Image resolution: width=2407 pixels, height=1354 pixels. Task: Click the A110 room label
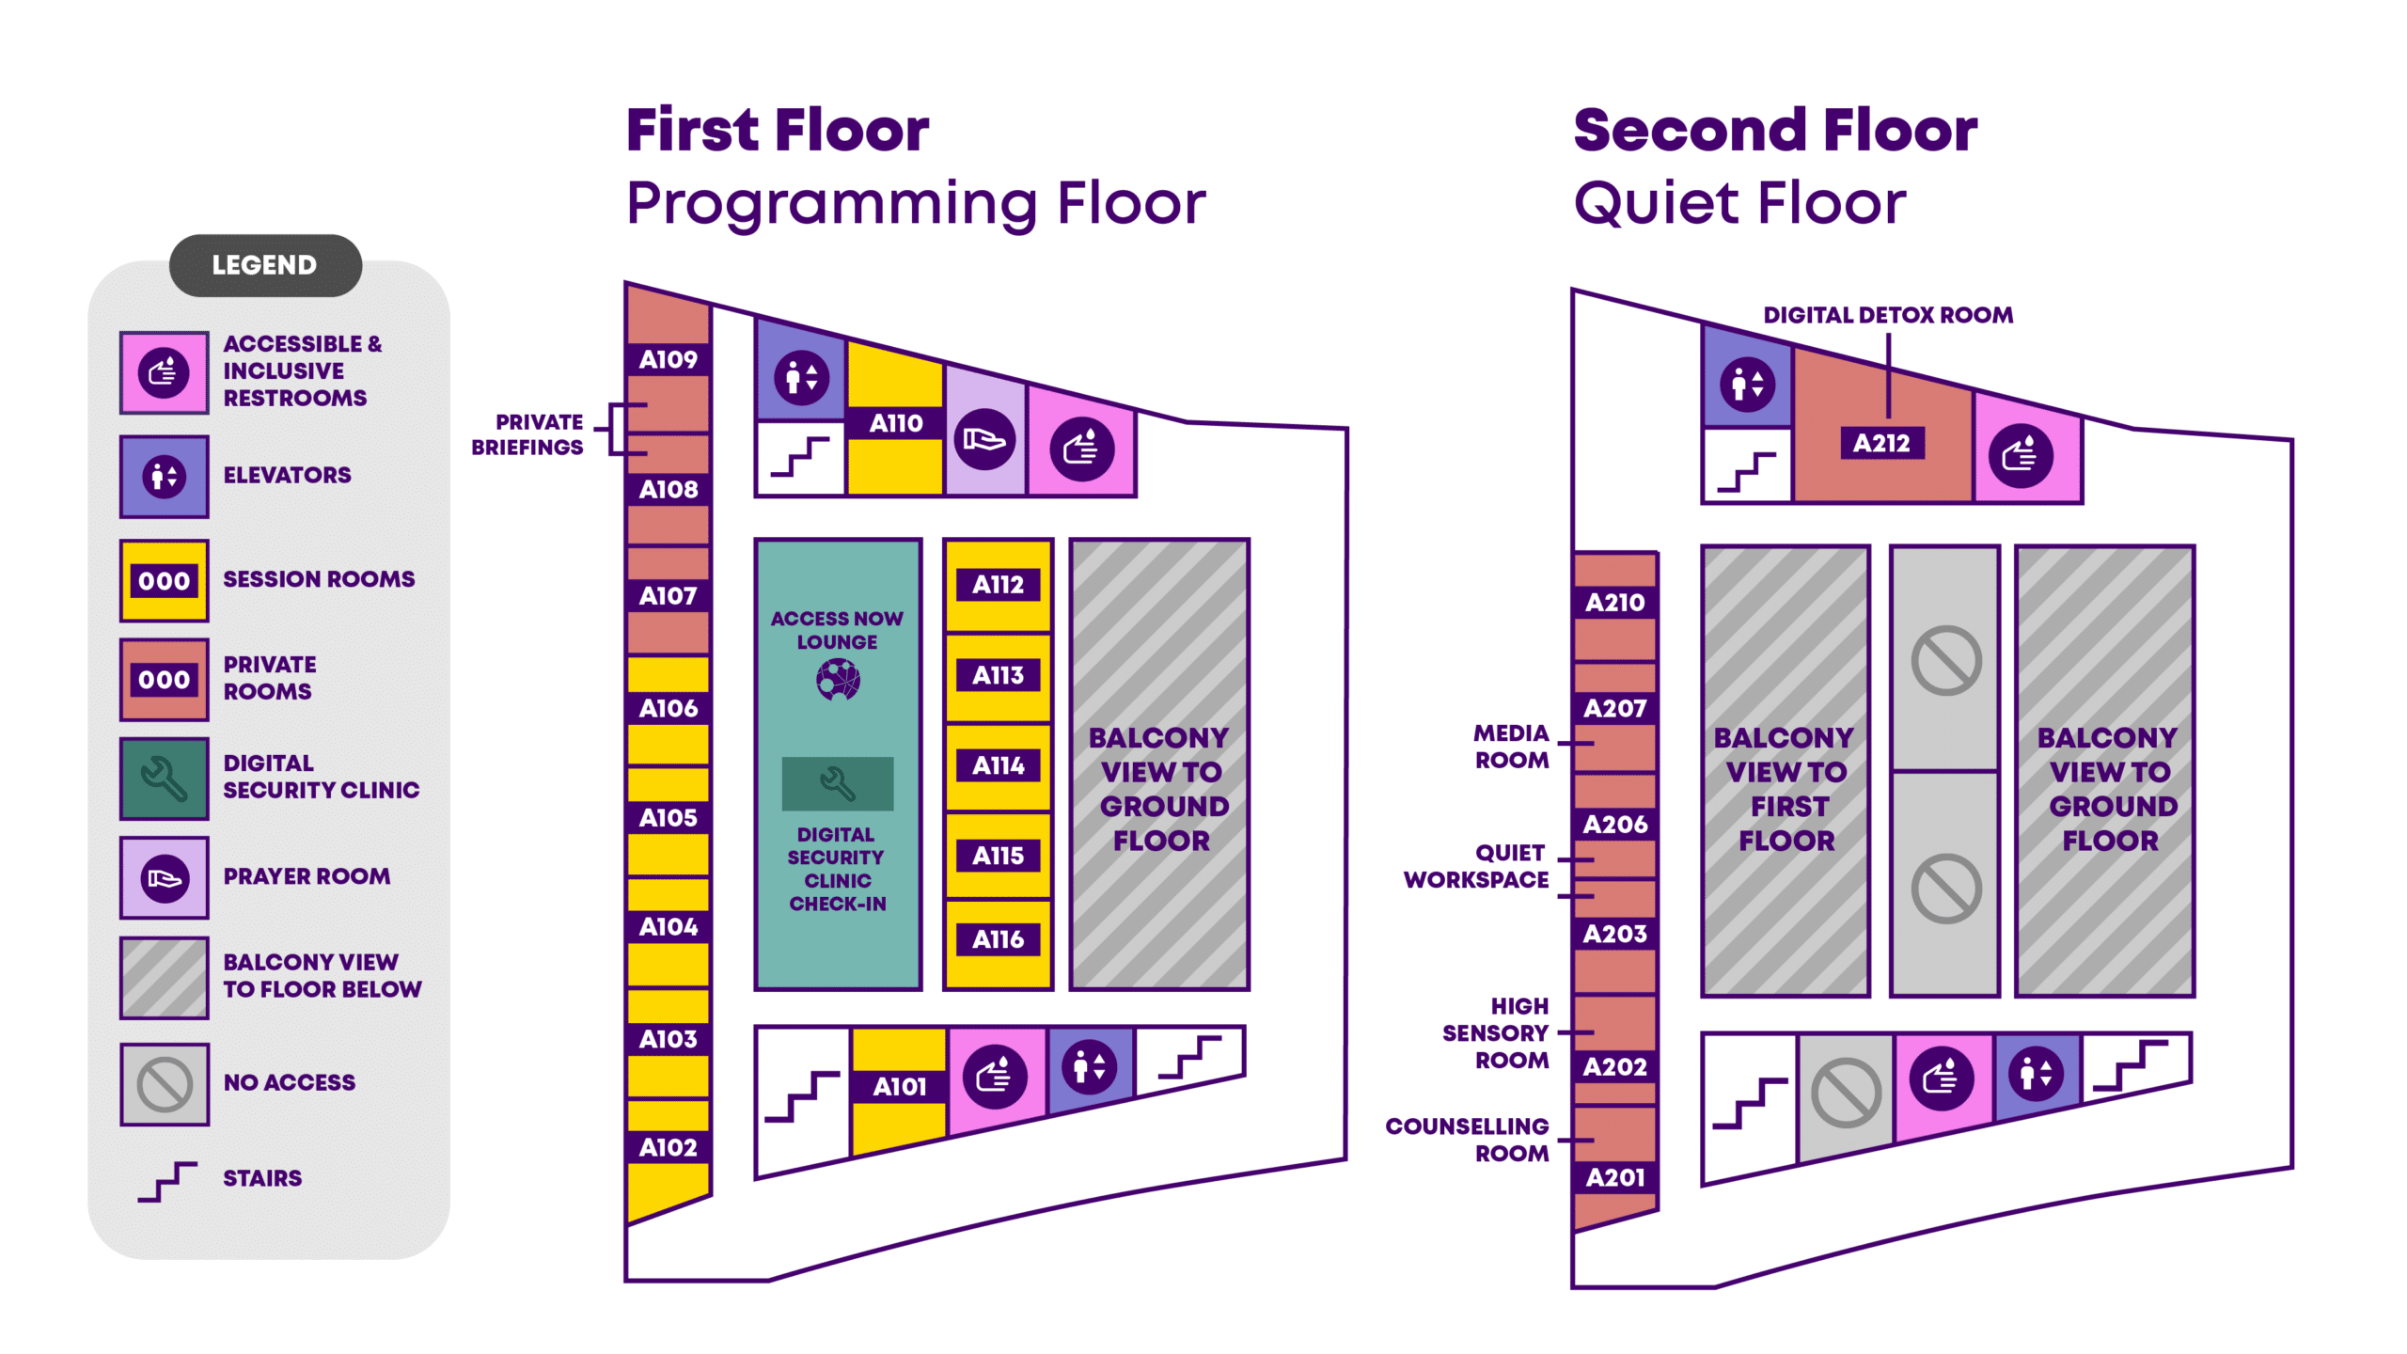coord(895,423)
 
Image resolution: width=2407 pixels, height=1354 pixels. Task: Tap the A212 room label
coord(1881,443)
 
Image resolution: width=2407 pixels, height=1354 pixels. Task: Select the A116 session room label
coord(998,939)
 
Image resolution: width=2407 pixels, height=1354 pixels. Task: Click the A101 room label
coord(899,1087)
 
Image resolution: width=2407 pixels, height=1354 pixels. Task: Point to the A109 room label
coord(669,359)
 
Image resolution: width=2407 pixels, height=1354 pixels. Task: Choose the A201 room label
coord(1615,1177)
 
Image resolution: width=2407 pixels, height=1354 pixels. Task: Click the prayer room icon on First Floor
coord(984,439)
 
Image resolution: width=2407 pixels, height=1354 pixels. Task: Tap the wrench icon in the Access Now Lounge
coord(837,783)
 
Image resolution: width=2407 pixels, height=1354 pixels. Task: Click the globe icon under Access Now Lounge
coord(838,679)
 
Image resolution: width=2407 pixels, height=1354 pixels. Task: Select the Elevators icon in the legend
coord(165,477)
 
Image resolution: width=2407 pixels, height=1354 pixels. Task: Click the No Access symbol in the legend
coord(165,1084)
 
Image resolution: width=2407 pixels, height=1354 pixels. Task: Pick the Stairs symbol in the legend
coord(167,1181)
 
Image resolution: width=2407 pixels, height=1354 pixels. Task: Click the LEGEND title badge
coord(265,265)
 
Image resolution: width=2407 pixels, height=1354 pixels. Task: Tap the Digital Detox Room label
coord(1888,315)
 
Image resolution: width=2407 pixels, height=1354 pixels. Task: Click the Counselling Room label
coord(1467,1140)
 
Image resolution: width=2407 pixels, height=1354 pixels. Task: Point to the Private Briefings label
coord(527,434)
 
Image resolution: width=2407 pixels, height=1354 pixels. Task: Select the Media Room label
coord(1511,747)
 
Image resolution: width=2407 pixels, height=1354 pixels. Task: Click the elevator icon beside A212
coord(1747,384)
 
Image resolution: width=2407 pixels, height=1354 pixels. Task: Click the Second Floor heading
coord(1775,130)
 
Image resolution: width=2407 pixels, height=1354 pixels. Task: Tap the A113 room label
coord(998,675)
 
